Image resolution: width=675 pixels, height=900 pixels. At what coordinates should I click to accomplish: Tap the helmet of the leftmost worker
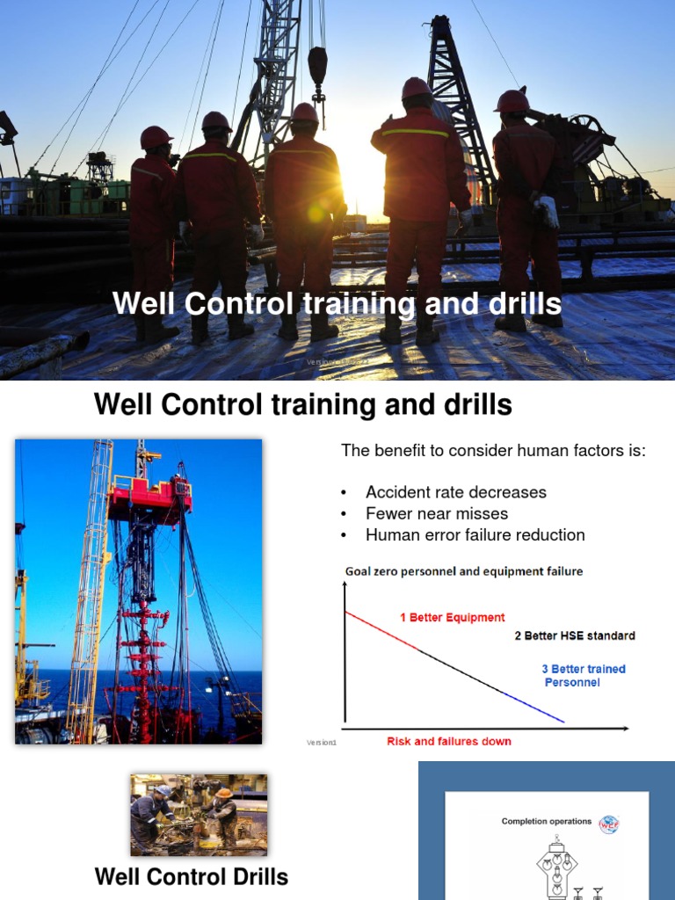[x=156, y=137]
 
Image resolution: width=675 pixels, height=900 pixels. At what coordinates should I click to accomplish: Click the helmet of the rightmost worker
[x=512, y=101]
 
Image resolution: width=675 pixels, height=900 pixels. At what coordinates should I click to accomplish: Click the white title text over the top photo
[x=337, y=304]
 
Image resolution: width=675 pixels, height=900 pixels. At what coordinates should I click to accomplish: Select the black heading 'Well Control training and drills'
[x=302, y=405]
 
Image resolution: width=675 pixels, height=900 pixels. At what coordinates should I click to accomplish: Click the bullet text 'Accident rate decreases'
[x=455, y=492]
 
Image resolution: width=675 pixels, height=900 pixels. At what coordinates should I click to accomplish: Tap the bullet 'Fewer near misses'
[x=436, y=513]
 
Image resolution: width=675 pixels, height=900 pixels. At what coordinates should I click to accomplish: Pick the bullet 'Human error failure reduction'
[x=475, y=534]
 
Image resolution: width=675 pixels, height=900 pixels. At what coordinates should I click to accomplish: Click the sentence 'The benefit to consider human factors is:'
[x=493, y=451]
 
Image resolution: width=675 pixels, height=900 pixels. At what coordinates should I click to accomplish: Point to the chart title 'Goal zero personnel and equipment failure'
[x=463, y=571]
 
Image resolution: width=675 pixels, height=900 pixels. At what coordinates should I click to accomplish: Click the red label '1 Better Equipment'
[x=453, y=617]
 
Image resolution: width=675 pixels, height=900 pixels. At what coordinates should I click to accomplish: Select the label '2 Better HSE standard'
[x=574, y=635]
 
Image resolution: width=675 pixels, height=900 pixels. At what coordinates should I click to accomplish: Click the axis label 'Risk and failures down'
[x=448, y=741]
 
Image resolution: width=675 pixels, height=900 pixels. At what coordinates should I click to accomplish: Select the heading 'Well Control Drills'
[x=191, y=876]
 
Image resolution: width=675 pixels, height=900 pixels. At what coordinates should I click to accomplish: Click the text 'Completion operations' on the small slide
[x=546, y=822]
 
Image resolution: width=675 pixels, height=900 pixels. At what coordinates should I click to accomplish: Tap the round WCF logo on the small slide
[x=608, y=824]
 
